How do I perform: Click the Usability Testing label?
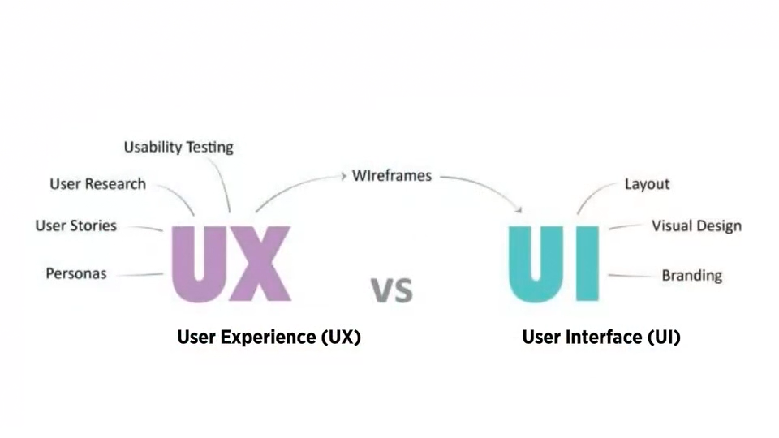[179, 148]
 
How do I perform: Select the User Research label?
[98, 184]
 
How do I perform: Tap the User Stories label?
[76, 226]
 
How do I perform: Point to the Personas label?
[76, 274]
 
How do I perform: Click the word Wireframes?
[392, 176]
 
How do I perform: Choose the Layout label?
[647, 184]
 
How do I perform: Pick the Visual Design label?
[696, 226]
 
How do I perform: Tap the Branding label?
[692, 275]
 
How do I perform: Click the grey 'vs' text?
[392, 291]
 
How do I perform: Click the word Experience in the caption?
[268, 337]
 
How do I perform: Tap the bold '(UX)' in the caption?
[341, 337]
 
